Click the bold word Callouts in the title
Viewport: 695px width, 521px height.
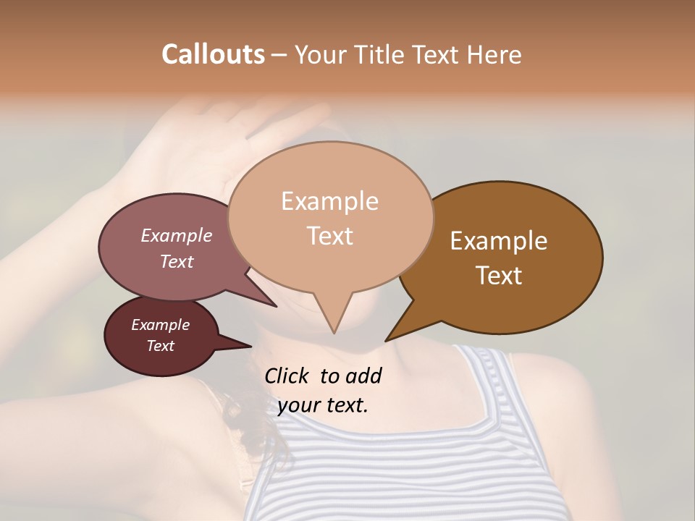coord(213,54)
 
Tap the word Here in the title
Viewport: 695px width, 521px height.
coord(494,54)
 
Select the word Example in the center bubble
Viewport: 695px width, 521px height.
coord(329,201)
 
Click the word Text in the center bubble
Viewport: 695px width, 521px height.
coord(329,236)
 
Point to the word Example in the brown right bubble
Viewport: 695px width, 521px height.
coord(499,241)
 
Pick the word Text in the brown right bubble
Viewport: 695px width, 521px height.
coord(499,276)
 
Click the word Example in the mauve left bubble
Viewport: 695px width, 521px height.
coord(176,235)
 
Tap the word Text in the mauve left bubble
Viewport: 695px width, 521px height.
coord(176,261)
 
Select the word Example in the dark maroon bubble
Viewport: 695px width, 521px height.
coord(160,325)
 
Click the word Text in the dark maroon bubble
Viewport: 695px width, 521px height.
coord(160,346)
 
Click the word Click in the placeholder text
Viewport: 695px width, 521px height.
coord(288,376)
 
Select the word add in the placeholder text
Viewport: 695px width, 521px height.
coord(364,376)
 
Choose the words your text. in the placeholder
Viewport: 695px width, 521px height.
coord(322,405)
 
